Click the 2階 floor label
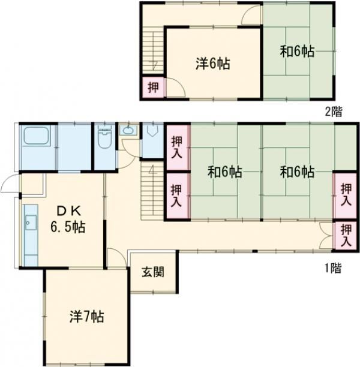pos(333,112)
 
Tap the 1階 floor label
pos(333,268)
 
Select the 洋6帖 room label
pos(212,64)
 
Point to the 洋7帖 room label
pos(86,317)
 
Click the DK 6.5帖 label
pos(68,219)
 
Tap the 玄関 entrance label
pos(153,272)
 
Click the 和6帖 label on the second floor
pos(297,52)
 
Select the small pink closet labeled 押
pos(153,88)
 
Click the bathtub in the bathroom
pos(37,137)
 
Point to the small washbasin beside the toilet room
pos(128,130)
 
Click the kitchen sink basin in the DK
pos(31,222)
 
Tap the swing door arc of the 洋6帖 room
pos(176,86)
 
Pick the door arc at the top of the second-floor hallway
pos(251,14)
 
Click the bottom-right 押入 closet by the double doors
pos(346,236)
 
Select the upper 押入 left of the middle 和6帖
pos(177,148)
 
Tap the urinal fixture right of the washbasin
pos(152,130)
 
